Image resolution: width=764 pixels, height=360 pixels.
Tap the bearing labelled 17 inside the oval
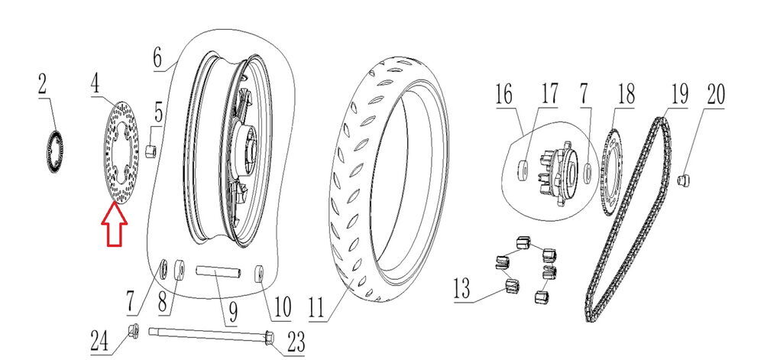523,168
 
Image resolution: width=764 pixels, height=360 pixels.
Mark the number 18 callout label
626,96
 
